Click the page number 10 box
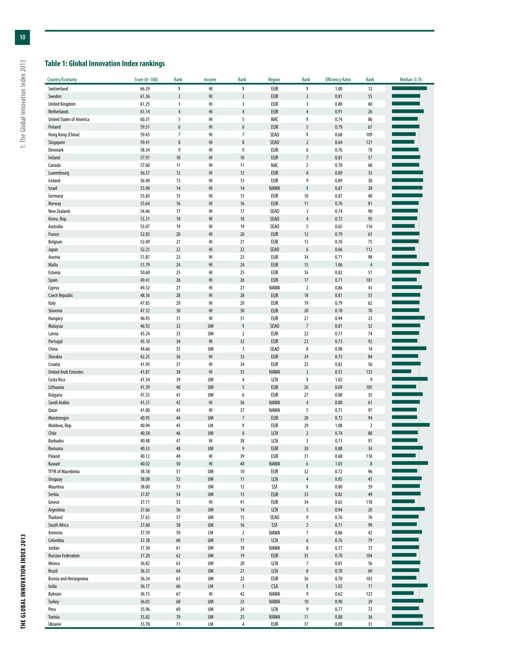point(22,37)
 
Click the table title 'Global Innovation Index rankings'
point(105,64)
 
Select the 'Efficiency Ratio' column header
point(338,80)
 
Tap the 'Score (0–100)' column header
point(146,80)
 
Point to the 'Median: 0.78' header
point(410,80)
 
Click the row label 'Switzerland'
point(58,89)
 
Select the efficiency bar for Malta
point(410,264)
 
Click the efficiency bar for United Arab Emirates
point(401,372)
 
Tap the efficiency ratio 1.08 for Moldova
point(339,425)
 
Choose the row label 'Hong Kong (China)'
point(64,135)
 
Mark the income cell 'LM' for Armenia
point(211,533)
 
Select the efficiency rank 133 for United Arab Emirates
point(369,372)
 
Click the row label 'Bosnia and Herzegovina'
point(68,578)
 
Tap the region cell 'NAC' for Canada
point(274,165)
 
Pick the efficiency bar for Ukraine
point(407,624)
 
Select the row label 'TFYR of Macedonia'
point(64,471)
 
